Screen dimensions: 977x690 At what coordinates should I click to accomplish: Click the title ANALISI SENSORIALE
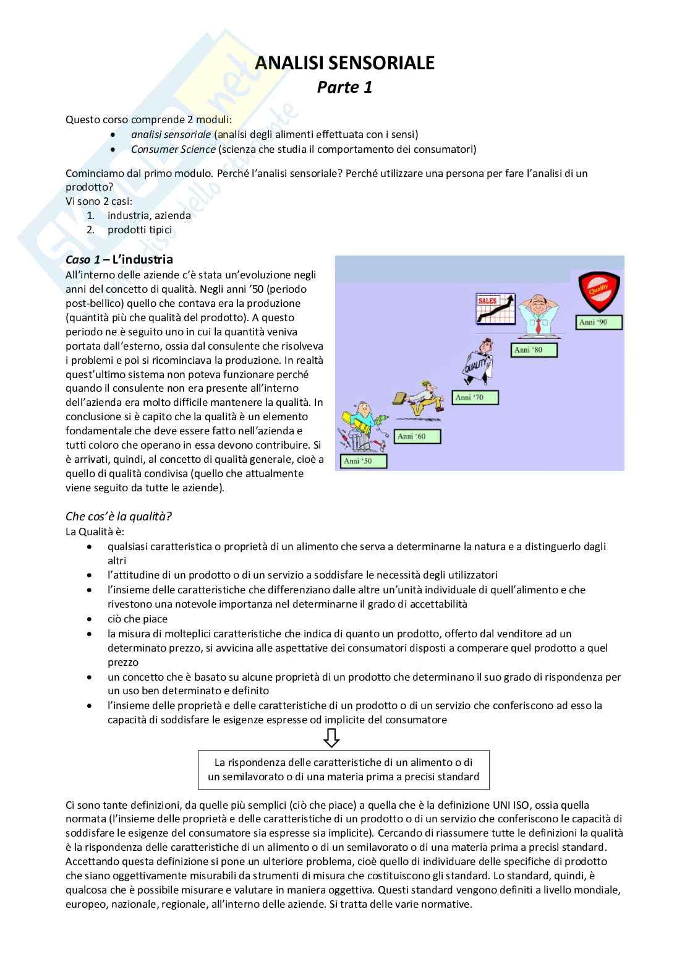tap(344, 63)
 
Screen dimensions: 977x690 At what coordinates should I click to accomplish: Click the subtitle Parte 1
tap(344, 87)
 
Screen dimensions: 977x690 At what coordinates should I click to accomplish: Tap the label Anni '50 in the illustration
tap(364, 461)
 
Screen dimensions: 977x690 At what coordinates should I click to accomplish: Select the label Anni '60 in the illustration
tap(419, 436)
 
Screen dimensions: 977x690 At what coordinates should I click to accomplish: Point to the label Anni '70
tap(476, 397)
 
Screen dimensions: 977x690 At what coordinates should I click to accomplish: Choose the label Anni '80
tap(535, 350)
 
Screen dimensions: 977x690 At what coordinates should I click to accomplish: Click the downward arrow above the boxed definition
tap(331, 737)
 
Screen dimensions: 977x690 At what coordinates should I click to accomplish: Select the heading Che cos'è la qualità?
tap(118, 516)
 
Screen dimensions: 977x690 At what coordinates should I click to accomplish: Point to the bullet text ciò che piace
tap(137, 619)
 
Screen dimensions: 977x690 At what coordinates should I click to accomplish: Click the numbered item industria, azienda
tap(149, 215)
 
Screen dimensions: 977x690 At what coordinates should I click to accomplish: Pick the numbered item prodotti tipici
tap(140, 230)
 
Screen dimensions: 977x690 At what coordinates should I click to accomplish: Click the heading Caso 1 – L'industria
tap(119, 259)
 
